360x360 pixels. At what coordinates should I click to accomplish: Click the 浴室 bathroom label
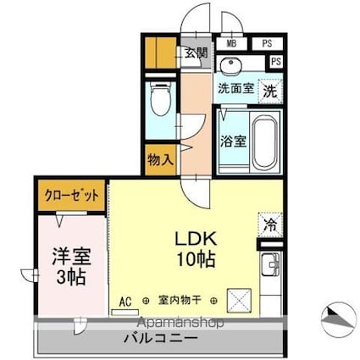coord(234,141)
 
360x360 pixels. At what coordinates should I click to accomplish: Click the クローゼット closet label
coord(71,194)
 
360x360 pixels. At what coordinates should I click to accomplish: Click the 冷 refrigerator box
coord(269,226)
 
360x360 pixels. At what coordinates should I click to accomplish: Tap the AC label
coord(125,300)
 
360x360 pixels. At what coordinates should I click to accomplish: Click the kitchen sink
coord(269,264)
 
